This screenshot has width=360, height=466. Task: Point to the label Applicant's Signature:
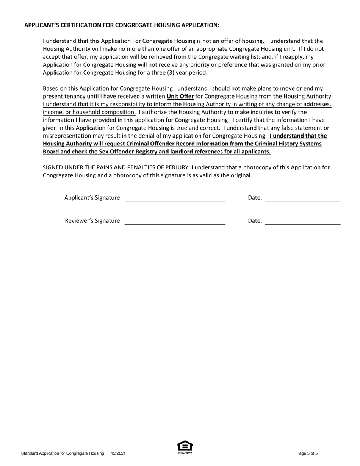[x=93, y=197]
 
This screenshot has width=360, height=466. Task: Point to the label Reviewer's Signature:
[x=94, y=221]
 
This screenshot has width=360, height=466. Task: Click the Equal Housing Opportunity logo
[x=185, y=447]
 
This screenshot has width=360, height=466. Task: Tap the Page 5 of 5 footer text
[x=307, y=453]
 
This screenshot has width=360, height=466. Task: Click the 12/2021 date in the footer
[x=118, y=453]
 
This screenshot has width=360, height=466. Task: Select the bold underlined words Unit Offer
[x=180, y=96]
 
